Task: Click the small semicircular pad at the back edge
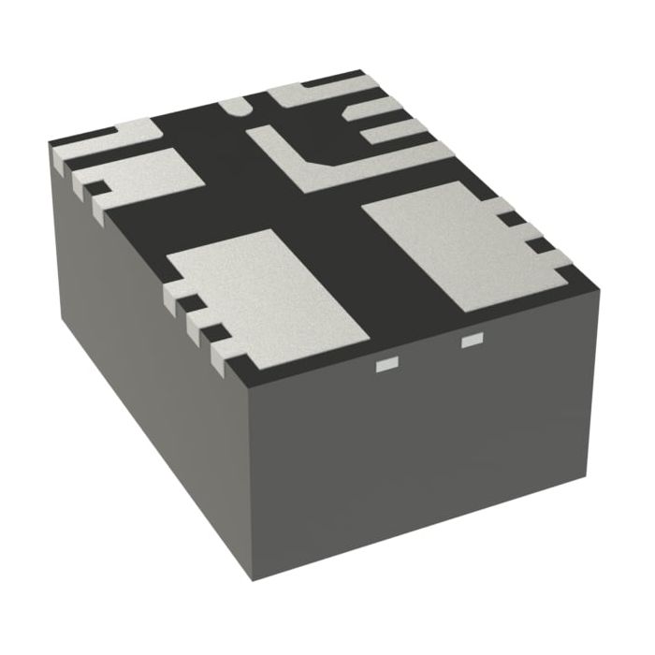coord(235,107)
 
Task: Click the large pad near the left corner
coord(150,176)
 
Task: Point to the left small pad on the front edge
coord(384,363)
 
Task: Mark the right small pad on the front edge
coord(471,339)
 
